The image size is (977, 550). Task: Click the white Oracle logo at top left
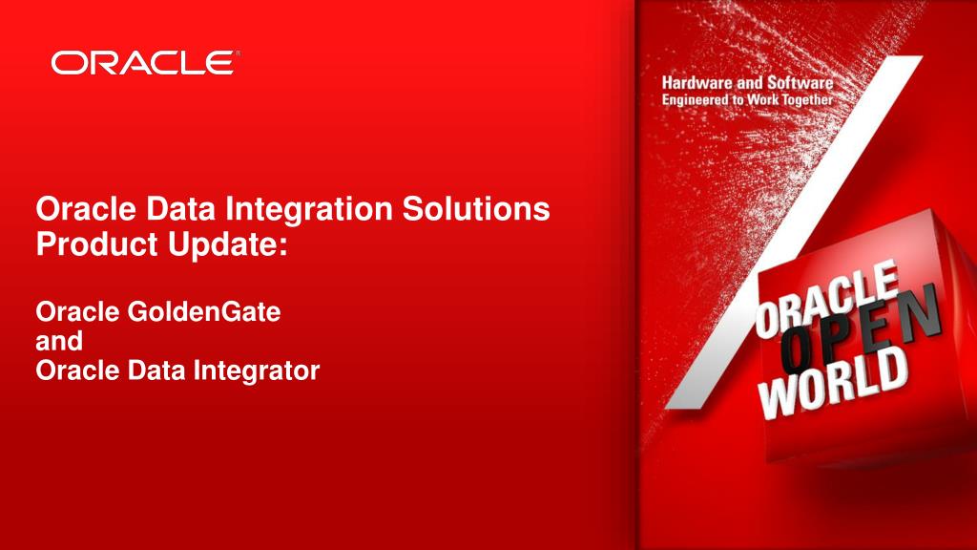click(141, 64)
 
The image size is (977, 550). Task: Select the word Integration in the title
click(310, 208)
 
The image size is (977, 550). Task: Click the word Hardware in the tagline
click(701, 84)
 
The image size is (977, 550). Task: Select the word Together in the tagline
click(804, 99)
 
